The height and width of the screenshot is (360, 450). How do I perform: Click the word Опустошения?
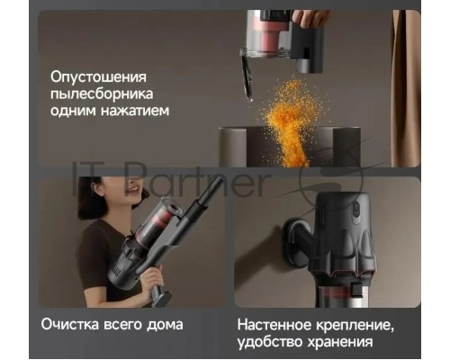[98, 76]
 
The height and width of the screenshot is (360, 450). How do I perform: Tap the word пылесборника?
[102, 94]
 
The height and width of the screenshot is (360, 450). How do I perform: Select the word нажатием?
[135, 111]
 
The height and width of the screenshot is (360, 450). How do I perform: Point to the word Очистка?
[70, 325]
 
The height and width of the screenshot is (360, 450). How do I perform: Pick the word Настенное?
[274, 325]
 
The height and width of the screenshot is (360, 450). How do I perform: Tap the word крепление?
[355, 326]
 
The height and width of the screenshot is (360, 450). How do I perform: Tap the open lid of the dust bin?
[247, 76]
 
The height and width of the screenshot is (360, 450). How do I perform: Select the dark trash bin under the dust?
[290, 147]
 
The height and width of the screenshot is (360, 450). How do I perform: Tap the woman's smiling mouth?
[134, 190]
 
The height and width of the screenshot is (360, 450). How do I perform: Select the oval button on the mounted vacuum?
[356, 212]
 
